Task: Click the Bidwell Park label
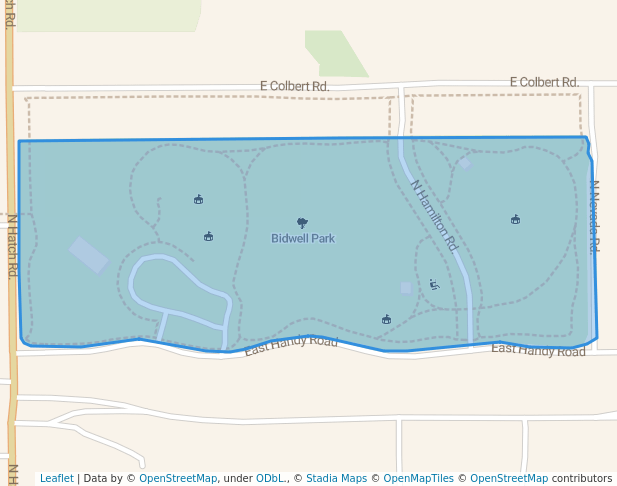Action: point(303,239)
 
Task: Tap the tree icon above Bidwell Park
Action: point(302,223)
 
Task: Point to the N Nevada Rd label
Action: point(593,216)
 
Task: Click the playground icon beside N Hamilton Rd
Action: point(434,284)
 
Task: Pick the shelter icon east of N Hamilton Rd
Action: point(515,219)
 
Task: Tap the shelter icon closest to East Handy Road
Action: point(386,319)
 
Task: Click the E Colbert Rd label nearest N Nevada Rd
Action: point(544,82)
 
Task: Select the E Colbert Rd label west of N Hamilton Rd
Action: point(294,87)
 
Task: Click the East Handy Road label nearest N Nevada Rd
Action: point(538,349)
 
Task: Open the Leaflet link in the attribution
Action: point(57,479)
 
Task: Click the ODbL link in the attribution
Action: point(270,479)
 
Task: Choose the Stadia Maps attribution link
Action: point(336,479)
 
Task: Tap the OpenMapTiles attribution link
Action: point(418,479)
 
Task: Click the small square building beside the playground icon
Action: point(406,288)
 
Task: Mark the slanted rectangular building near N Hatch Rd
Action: point(89,255)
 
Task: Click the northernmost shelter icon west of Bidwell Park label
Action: point(198,199)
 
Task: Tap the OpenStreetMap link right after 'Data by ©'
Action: point(178,479)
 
